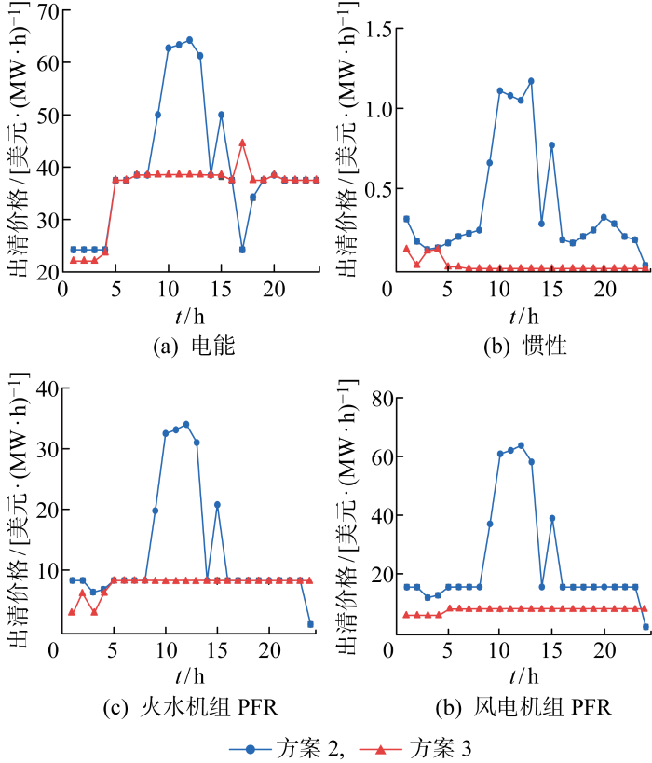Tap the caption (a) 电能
coord(195,347)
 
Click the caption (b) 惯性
coord(526,347)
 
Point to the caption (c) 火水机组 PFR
coord(195,707)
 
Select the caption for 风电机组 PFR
coord(526,707)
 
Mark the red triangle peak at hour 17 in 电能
coord(242,143)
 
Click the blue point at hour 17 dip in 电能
coord(242,250)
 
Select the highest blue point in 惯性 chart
coord(531,81)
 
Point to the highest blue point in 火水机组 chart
coord(186,424)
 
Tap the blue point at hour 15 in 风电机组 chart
coord(552,518)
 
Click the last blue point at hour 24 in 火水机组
coord(310,624)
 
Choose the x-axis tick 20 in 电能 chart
coord(273,289)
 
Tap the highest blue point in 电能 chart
coord(189,39)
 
